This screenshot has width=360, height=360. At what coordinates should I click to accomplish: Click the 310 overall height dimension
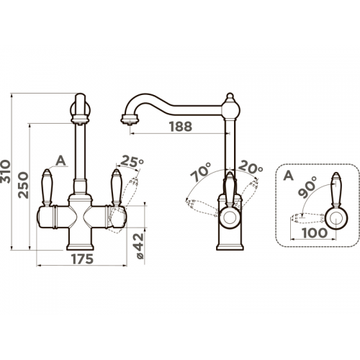(x=5, y=171)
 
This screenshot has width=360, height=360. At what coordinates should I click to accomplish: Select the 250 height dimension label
(x=24, y=185)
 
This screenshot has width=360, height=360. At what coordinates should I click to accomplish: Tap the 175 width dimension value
(x=82, y=258)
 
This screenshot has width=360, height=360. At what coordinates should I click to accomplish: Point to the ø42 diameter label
(x=140, y=246)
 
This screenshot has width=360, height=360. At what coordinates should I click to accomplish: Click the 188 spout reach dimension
(x=181, y=127)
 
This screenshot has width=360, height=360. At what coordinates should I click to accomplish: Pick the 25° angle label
(x=132, y=161)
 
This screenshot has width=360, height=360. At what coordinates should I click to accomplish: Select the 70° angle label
(x=200, y=172)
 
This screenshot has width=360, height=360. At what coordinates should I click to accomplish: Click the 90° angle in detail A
(x=307, y=186)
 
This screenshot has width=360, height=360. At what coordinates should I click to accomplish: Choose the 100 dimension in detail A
(x=315, y=233)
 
